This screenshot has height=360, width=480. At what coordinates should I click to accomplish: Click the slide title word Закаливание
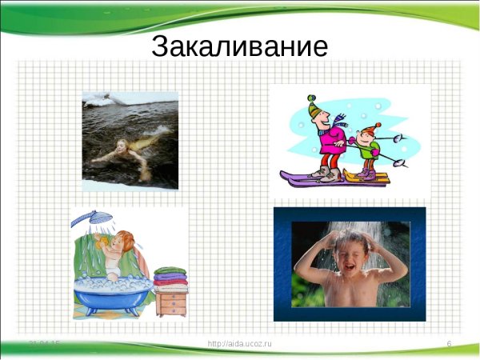tap(239, 46)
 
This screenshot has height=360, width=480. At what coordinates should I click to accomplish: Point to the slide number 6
tap(450, 344)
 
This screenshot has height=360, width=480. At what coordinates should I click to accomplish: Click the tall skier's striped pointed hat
tap(316, 107)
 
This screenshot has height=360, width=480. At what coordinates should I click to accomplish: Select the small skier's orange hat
tap(370, 127)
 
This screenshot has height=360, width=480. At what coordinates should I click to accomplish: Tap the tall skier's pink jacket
tap(330, 145)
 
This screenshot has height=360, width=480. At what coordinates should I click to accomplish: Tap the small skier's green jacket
tap(366, 150)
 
